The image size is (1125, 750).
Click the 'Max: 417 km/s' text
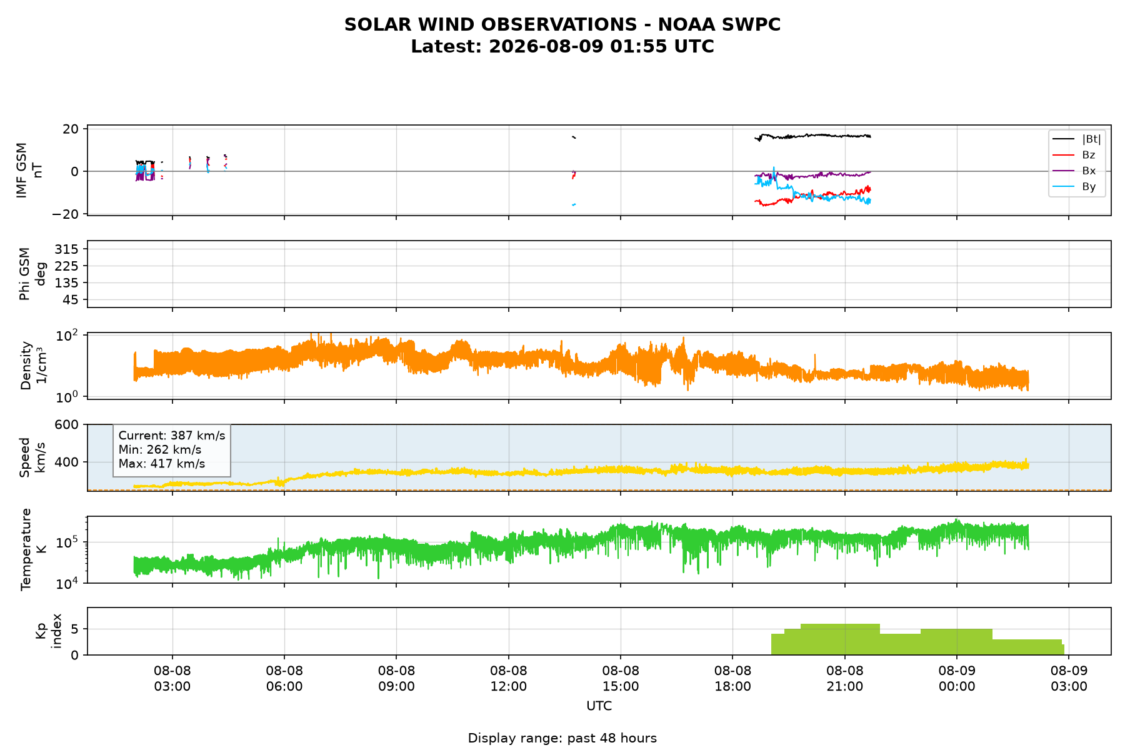(x=162, y=464)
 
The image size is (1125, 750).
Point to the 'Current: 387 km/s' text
(x=172, y=436)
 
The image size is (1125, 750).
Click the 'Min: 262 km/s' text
(x=160, y=450)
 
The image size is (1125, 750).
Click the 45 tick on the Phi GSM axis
(x=72, y=300)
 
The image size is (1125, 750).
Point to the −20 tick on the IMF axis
(x=66, y=214)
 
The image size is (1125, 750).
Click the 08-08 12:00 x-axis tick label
(x=509, y=679)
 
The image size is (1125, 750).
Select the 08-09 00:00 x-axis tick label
(x=957, y=679)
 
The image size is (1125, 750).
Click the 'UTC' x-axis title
(x=599, y=706)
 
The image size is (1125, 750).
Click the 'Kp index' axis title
(x=48, y=631)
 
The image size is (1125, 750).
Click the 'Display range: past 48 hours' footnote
(x=562, y=738)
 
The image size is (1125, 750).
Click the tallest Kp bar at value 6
(x=840, y=639)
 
